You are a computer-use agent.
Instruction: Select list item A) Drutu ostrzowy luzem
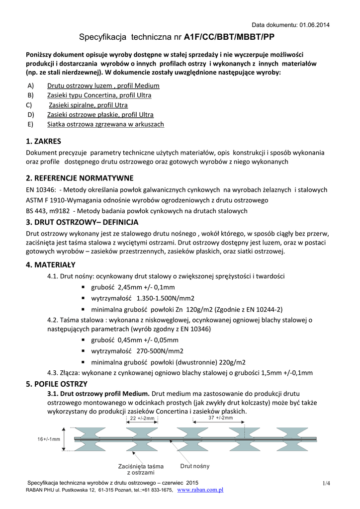coord(103,85)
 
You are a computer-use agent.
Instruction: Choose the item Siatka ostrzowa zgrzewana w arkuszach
coord(105,124)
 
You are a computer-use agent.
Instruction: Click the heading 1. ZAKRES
coord(44,141)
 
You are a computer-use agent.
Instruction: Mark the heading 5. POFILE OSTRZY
coord(57,384)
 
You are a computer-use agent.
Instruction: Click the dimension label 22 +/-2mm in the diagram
coord(142,419)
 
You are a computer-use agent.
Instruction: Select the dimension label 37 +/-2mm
coord(221,418)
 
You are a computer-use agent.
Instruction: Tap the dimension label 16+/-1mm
coord(49,439)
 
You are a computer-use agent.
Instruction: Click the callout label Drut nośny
coord(195,466)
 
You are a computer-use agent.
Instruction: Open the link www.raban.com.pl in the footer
coord(200,490)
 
